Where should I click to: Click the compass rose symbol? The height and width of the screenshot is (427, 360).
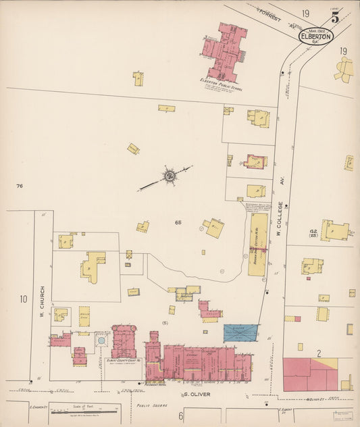pos(170,177)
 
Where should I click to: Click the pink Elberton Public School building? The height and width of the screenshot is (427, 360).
pos(225,51)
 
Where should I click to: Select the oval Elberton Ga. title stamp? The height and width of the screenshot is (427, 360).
pos(316,34)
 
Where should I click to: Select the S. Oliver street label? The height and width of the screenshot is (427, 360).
pos(194,393)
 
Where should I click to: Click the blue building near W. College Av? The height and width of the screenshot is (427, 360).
pos(241,332)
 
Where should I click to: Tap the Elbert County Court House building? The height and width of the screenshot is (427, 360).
pos(124,341)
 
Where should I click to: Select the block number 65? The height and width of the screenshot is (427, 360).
pos(178,222)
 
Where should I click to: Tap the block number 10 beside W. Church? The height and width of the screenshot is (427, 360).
pos(23,298)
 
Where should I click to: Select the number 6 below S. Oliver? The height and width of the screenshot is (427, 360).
pos(181,415)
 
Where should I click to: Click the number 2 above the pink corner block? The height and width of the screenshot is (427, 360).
pos(318,353)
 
